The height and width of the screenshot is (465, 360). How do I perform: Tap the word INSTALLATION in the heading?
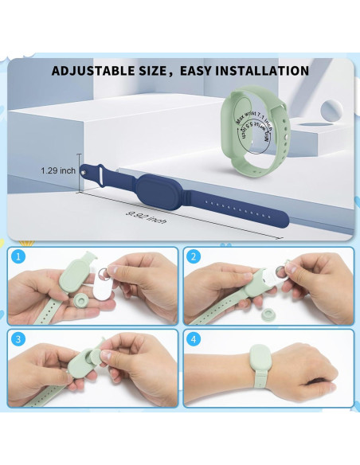click(x=260, y=71)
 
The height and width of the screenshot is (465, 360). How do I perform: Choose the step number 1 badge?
click(x=17, y=256)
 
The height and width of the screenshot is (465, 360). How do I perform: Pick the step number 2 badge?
click(x=192, y=256)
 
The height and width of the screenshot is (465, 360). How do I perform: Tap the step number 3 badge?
click(x=17, y=338)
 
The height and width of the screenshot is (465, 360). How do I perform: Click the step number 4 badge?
click(x=192, y=338)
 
